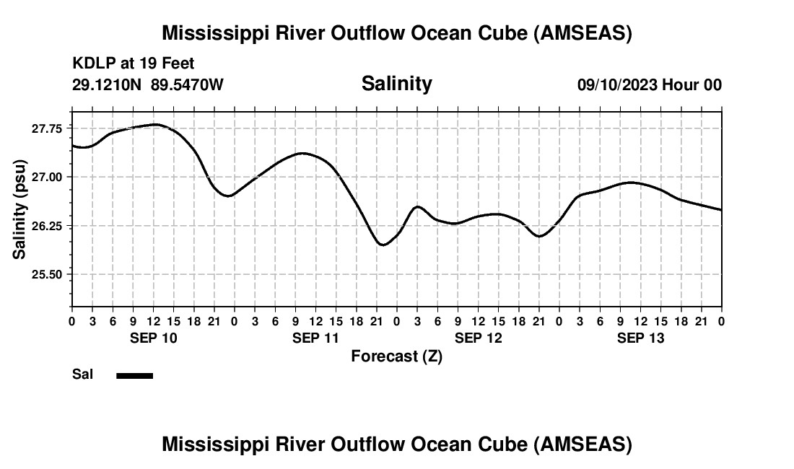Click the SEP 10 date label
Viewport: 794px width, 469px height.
click(153, 338)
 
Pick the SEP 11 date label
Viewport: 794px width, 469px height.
click(315, 338)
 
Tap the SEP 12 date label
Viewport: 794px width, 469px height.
click(478, 338)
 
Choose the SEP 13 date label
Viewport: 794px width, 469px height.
click(640, 338)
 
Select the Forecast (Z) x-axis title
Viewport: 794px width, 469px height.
click(396, 356)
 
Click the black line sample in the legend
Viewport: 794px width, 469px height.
click(134, 375)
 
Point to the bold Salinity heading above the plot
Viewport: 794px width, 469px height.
click(396, 84)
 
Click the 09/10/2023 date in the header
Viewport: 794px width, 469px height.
click(617, 85)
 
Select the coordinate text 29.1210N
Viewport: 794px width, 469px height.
click(108, 85)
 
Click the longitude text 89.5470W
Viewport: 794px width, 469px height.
click(187, 85)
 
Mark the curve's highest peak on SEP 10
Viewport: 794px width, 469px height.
click(154, 124)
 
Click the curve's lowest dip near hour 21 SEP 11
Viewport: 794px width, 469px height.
click(383, 245)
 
